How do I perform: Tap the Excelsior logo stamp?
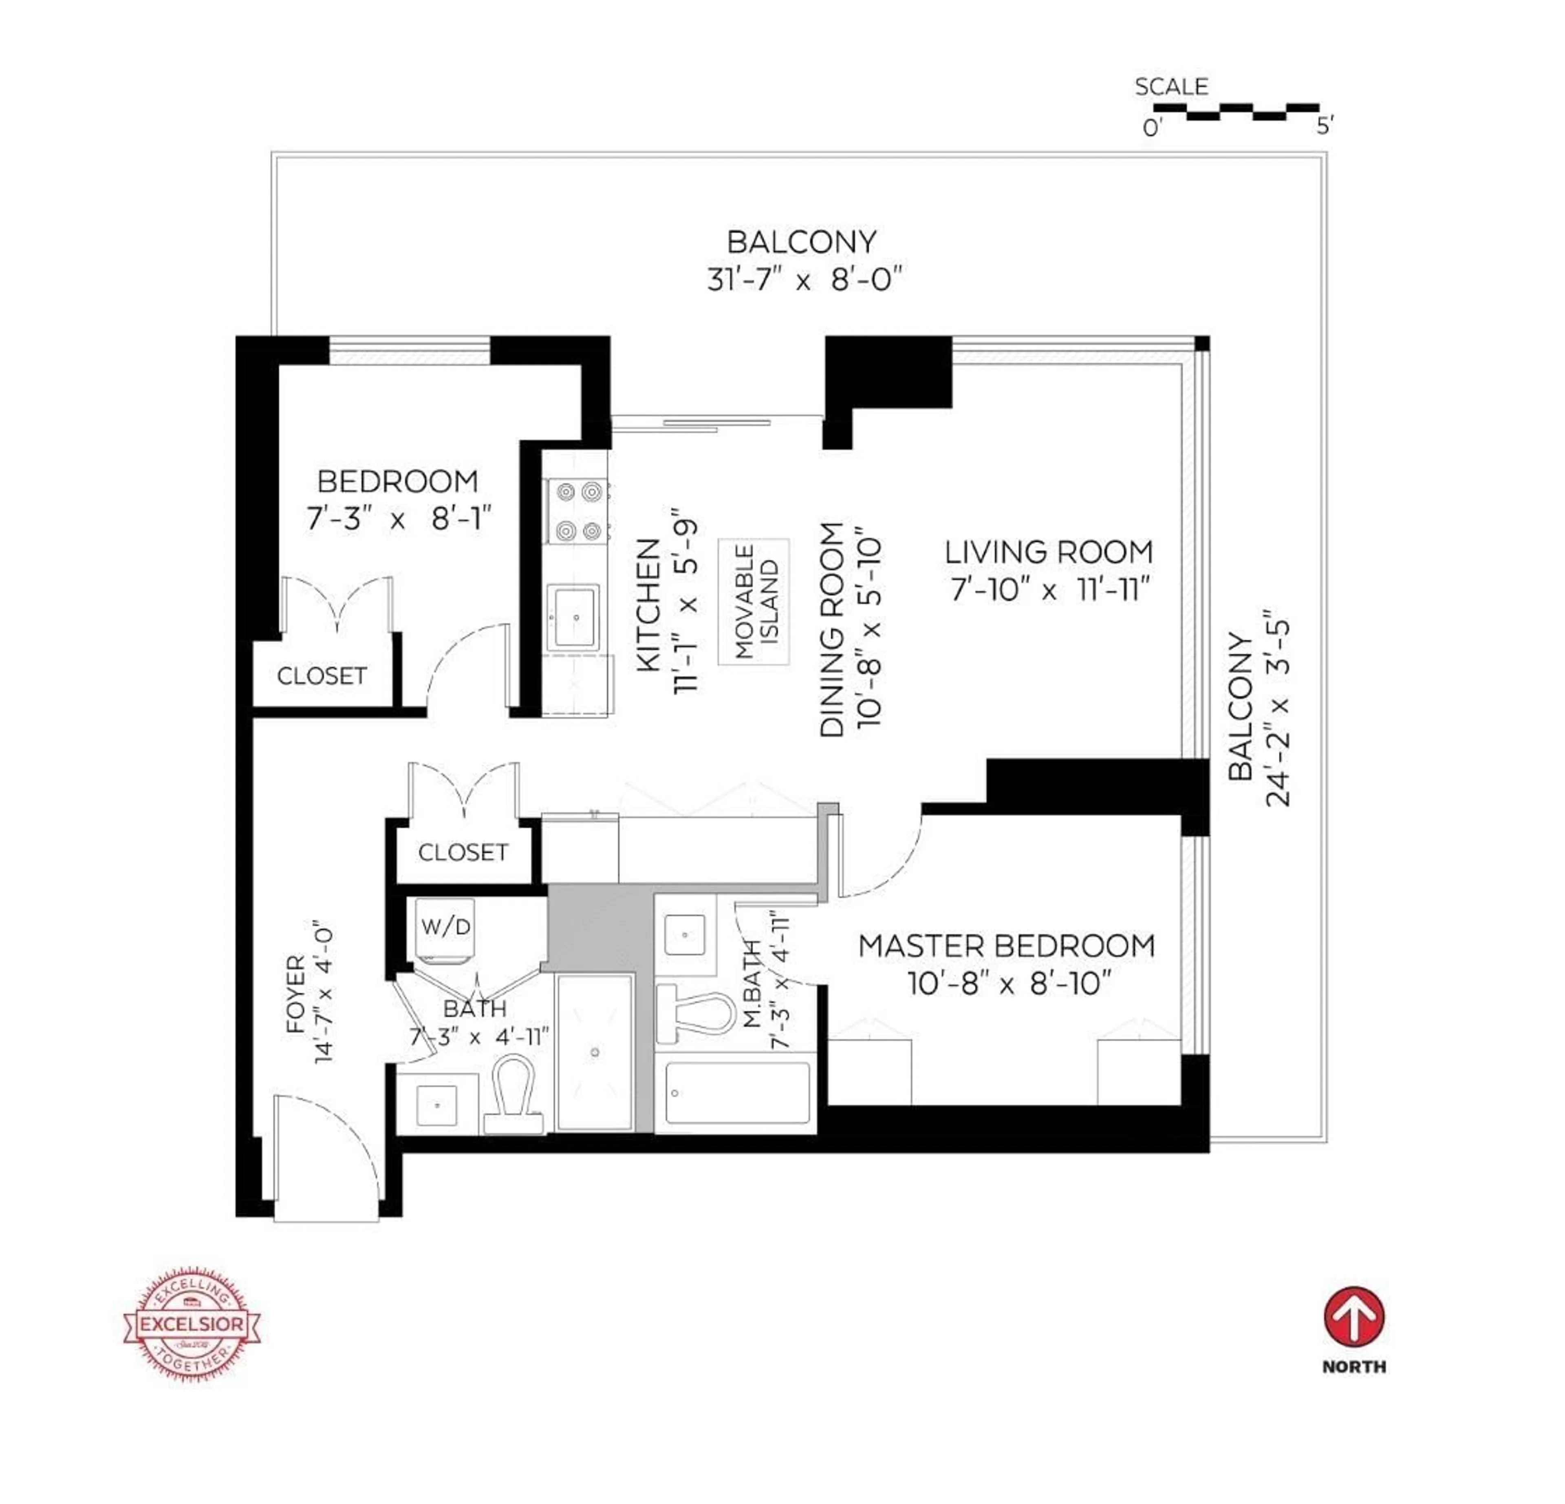192,1323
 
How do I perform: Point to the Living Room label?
1048,552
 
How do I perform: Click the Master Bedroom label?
1007,946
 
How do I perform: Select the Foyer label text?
295,995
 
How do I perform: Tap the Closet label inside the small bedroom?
322,676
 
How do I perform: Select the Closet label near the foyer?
463,853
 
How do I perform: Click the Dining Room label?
832,630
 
